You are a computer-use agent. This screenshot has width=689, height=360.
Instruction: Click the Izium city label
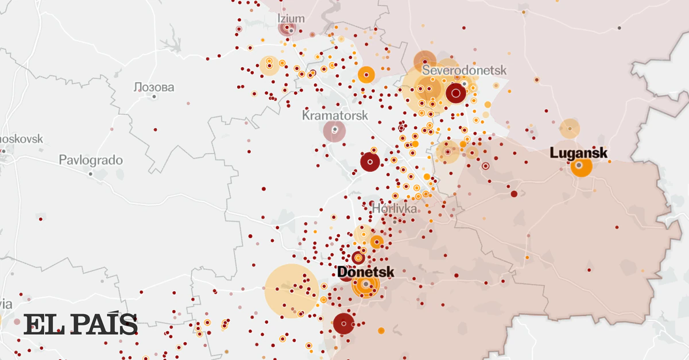click(291, 18)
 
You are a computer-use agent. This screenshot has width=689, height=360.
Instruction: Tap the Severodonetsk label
click(465, 70)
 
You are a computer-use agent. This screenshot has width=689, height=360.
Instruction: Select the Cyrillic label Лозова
click(153, 87)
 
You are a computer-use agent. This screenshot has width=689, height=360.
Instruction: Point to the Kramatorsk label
click(335, 115)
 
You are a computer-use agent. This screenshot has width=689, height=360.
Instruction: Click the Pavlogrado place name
click(91, 160)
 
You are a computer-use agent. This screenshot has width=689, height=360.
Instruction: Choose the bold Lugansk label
click(578, 153)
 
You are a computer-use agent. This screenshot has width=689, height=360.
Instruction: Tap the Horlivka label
click(394, 208)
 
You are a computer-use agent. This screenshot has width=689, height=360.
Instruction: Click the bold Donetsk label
click(366, 272)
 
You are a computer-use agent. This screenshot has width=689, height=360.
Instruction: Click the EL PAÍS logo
click(80, 325)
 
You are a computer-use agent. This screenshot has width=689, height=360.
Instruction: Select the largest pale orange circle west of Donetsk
click(292, 291)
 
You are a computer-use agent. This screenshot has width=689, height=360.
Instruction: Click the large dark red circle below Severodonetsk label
click(455, 92)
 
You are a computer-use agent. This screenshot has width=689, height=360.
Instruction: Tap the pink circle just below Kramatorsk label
click(335, 131)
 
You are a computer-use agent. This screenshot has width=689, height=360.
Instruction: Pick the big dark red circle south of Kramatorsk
click(370, 162)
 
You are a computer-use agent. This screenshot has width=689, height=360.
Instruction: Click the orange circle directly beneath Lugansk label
click(581, 167)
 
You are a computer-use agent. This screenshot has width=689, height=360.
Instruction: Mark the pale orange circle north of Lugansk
click(570, 129)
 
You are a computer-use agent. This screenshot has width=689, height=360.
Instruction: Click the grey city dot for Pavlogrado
click(91, 173)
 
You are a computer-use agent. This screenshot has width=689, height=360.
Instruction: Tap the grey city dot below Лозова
click(154, 96)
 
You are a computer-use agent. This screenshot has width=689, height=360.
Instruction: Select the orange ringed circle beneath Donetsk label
click(366, 285)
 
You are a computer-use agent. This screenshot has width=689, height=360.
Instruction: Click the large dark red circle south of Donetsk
click(343, 324)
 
